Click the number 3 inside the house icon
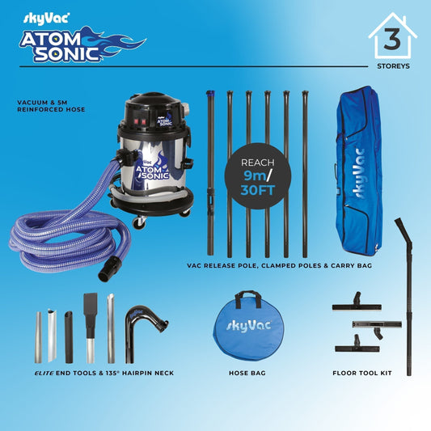click(392, 39)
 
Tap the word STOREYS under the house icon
click(393, 66)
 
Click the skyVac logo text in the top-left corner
click(46, 19)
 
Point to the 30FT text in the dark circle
click(258, 190)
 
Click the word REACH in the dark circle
click(258, 163)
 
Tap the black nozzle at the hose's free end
click(110, 268)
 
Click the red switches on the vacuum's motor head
click(140, 122)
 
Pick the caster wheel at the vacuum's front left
click(139, 222)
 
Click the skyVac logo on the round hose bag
click(249, 326)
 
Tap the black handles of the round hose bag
click(248, 298)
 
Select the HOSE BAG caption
click(247, 373)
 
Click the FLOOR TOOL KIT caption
click(362, 373)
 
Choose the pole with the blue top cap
click(210, 173)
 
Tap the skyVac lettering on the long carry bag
click(359, 174)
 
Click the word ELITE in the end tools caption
click(44, 373)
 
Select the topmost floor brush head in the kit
click(357, 302)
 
